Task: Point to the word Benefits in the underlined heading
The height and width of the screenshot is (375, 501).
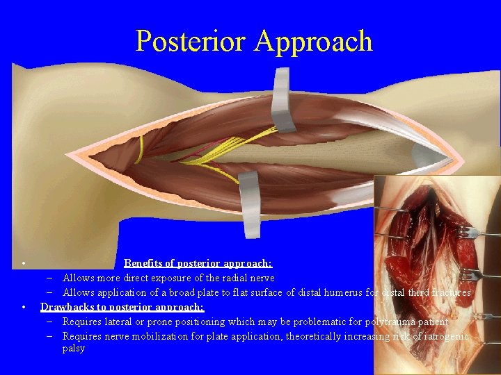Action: pos(145,263)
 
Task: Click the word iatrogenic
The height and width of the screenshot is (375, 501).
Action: pos(446,336)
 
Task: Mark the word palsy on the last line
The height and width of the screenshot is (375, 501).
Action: pos(74,348)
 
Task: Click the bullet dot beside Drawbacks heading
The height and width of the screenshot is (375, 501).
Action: pos(24,307)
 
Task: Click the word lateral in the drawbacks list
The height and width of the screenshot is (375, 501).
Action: pos(122,322)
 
